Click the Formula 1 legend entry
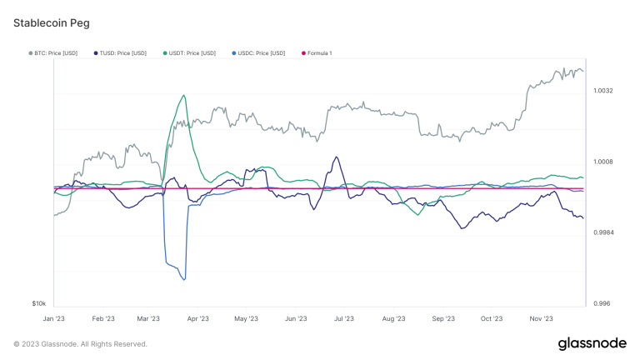tap(317, 53)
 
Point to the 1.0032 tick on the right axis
tap(603, 90)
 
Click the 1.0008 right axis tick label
tap(603, 162)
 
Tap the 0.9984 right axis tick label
tap(603, 232)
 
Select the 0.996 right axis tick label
tap(601, 304)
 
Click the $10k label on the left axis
tap(38, 304)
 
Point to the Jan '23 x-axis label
tap(54, 318)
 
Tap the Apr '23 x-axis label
tap(198, 318)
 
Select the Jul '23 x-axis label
tap(343, 318)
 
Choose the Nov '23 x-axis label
tap(542, 318)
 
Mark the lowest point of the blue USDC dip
tap(183, 280)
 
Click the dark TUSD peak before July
tap(336, 157)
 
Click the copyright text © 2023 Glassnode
tap(81, 344)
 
